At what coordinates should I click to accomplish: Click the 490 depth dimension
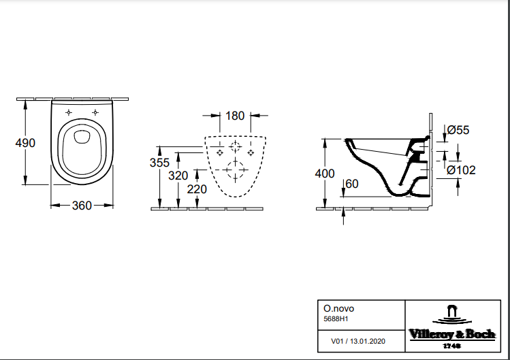pyautogui.click(x=25, y=143)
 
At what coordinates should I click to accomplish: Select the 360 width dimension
pyautogui.click(x=82, y=206)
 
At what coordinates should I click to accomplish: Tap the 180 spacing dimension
pyautogui.click(x=235, y=116)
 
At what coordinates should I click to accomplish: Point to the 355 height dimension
pyautogui.click(x=159, y=163)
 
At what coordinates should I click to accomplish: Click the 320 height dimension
pyautogui.click(x=178, y=176)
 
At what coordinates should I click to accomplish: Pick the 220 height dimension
pyautogui.click(x=197, y=189)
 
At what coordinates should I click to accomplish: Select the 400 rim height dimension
pyautogui.click(x=325, y=174)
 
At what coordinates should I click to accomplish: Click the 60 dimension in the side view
pyautogui.click(x=352, y=184)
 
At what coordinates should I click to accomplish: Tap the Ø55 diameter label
pyautogui.click(x=458, y=130)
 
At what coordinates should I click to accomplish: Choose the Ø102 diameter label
pyautogui.click(x=461, y=170)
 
